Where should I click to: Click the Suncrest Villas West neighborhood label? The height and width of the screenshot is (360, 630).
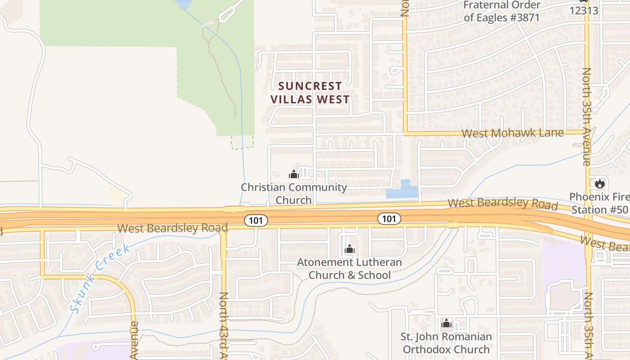(310, 93)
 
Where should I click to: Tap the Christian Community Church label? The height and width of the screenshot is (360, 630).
(294, 193)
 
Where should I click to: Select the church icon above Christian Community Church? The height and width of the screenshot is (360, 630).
(294, 174)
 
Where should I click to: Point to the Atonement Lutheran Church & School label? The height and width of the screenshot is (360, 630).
(350, 268)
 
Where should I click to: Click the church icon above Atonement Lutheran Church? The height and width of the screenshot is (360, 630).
(350, 249)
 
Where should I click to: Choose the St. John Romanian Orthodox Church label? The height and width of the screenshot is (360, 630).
(446, 343)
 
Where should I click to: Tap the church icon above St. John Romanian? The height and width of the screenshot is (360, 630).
(446, 323)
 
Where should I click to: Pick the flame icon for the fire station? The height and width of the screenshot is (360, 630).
(599, 184)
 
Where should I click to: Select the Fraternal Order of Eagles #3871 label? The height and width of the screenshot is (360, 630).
(501, 11)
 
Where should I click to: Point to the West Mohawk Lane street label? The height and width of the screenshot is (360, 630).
(513, 133)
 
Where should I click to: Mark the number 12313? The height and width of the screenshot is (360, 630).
(584, 10)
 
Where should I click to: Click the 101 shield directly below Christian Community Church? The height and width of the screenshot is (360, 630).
(256, 220)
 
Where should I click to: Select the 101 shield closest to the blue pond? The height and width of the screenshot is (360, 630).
(389, 219)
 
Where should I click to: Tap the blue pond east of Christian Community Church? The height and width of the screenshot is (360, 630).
(403, 191)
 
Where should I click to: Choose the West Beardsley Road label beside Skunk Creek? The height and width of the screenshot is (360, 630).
(172, 228)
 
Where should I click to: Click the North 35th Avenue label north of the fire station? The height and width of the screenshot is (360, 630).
(587, 117)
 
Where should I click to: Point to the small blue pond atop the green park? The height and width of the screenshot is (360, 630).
(184, 4)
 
